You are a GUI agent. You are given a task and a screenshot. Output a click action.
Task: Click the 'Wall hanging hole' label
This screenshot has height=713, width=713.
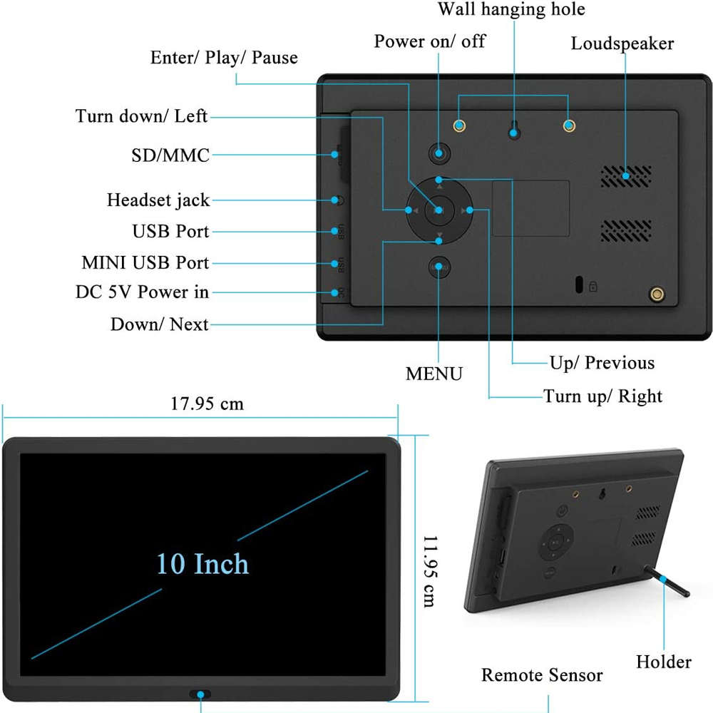(x=511, y=9)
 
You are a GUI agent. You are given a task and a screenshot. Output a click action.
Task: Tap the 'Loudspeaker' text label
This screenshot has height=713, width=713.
(x=622, y=43)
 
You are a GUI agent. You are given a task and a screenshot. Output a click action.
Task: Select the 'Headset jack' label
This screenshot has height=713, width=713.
(x=158, y=200)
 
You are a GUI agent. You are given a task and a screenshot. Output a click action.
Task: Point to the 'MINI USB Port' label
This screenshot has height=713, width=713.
(x=145, y=263)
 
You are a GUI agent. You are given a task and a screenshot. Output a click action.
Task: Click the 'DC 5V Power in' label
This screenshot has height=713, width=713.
(x=143, y=292)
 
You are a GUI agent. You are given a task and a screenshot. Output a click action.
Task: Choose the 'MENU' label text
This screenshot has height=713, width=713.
(x=434, y=374)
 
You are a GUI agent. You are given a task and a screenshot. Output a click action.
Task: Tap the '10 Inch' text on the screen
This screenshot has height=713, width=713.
(x=203, y=564)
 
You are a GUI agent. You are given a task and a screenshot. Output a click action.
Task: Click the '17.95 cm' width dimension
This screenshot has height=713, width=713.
(x=207, y=404)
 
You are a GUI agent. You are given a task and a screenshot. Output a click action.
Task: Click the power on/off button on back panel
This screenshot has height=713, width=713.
(x=439, y=153)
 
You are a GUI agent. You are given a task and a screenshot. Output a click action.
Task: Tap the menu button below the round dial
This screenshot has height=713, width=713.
(x=439, y=267)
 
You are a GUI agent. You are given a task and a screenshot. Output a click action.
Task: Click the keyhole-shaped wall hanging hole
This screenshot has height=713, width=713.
(x=513, y=130)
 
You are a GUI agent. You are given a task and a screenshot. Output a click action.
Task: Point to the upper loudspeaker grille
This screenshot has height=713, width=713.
(x=625, y=176)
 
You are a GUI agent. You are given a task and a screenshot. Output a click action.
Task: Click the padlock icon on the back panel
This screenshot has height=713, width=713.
(x=593, y=287)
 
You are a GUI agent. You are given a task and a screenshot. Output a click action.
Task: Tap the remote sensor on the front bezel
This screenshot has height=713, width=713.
(x=200, y=694)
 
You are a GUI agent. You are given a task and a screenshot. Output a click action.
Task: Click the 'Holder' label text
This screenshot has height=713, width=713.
(x=663, y=662)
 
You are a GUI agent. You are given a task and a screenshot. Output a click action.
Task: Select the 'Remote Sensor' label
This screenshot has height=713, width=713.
(x=542, y=675)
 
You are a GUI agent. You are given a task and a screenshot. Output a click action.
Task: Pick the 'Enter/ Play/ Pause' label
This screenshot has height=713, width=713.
(x=224, y=58)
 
